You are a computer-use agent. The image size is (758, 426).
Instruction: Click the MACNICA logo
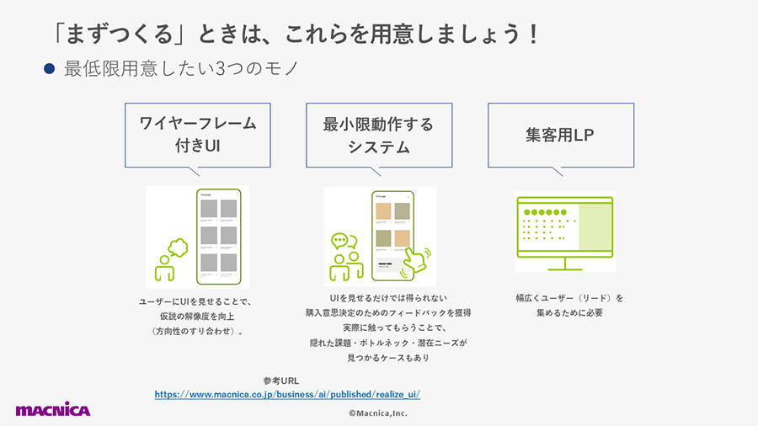point(53,409)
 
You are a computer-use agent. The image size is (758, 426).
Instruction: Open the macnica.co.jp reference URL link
point(287,394)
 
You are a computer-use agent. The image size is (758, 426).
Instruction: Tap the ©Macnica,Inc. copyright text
point(378,413)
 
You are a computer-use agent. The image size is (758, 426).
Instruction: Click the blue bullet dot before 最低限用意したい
point(50,68)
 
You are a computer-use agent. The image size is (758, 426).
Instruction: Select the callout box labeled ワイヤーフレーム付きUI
point(198,136)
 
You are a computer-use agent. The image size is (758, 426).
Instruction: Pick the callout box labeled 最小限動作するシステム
point(379,136)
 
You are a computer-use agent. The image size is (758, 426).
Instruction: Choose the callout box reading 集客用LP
point(561,136)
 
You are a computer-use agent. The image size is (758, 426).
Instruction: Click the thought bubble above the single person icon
point(178,248)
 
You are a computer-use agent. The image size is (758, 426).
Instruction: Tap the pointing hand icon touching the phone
point(416,261)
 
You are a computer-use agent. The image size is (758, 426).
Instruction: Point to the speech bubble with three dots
point(339,240)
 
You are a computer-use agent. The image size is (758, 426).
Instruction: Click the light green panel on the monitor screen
point(595,226)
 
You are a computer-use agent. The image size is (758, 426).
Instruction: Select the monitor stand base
point(565,269)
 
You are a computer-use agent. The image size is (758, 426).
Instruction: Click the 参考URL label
point(280,381)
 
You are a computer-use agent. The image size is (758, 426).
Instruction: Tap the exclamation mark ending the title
point(533,35)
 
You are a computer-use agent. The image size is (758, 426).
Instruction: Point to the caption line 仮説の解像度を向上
point(197,317)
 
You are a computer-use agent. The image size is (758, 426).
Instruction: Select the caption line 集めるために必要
point(569,312)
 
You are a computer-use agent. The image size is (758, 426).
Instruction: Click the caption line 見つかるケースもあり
point(388,358)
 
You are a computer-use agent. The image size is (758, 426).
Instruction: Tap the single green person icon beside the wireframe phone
point(164,268)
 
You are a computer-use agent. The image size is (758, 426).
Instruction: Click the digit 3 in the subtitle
point(220,69)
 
